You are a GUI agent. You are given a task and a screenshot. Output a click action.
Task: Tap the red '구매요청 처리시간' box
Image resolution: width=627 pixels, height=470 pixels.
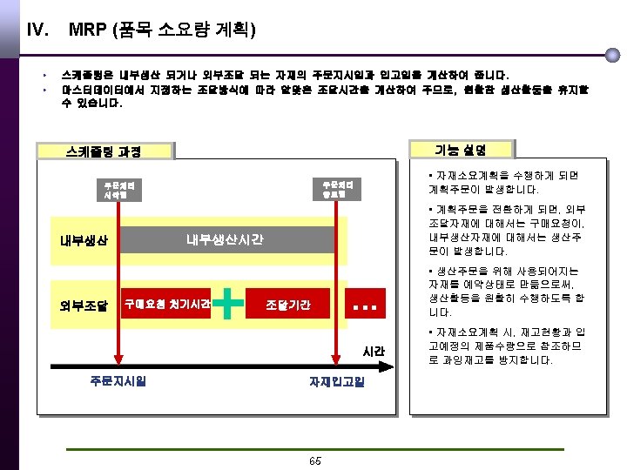(167, 304)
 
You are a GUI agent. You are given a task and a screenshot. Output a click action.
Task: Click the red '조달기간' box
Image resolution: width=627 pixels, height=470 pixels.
(287, 304)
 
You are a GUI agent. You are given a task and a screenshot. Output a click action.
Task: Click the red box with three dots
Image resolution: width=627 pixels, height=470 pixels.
(366, 304)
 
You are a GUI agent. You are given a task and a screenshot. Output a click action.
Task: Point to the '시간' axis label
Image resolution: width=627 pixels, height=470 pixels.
(373, 351)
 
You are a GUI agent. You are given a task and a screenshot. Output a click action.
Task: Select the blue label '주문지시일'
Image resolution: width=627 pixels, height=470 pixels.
(118, 380)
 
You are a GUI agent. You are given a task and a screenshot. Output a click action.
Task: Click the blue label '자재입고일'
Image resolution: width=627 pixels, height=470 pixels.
(337, 381)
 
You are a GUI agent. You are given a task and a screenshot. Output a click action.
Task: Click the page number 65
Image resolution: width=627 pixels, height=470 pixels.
(314, 460)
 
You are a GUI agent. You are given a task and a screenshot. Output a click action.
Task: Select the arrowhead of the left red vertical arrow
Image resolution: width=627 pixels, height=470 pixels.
(118, 363)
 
